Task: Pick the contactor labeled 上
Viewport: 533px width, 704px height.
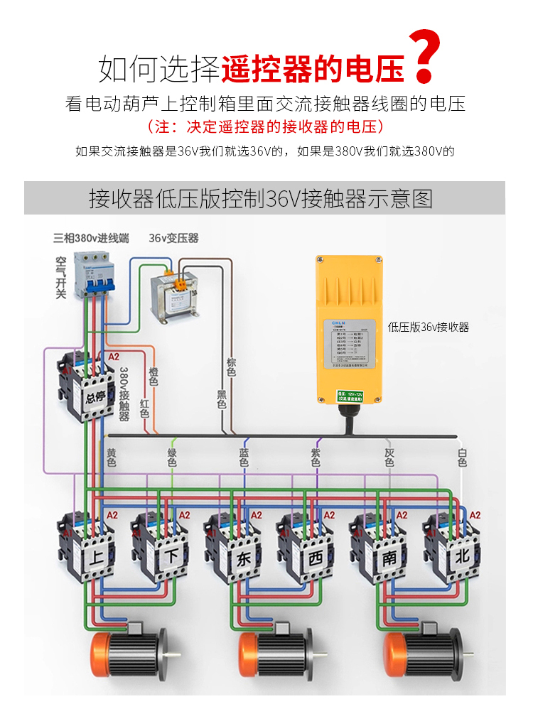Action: (x=86, y=547)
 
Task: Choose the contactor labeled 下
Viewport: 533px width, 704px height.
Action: (x=159, y=547)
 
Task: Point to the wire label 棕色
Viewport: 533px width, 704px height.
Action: (x=231, y=367)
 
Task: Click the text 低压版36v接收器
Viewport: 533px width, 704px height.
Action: (x=429, y=327)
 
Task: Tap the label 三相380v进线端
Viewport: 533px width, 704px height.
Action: (x=91, y=238)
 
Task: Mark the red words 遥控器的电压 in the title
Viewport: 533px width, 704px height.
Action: (x=313, y=69)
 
